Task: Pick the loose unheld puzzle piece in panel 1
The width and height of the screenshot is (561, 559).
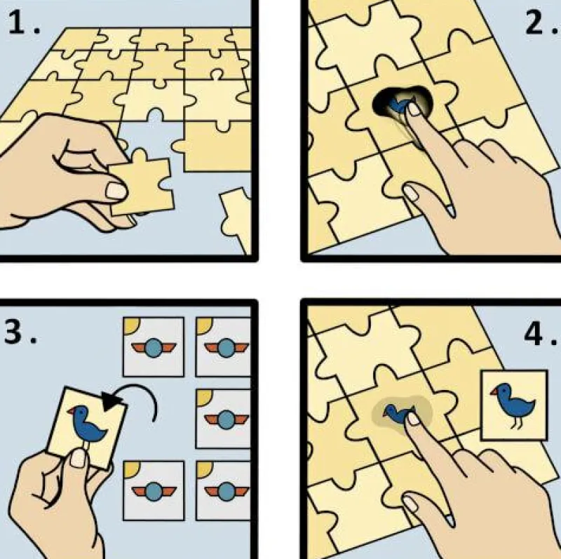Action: pyautogui.click(x=236, y=213)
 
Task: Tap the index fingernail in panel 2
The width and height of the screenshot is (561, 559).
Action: pyautogui.click(x=414, y=109)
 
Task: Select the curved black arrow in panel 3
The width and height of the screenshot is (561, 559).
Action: pyautogui.click(x=133, y=403)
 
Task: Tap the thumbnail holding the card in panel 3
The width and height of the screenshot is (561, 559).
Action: pyautogui.click(x=79, y=458)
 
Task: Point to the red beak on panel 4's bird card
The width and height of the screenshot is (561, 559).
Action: pyautogui.click(x=494, y=389)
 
